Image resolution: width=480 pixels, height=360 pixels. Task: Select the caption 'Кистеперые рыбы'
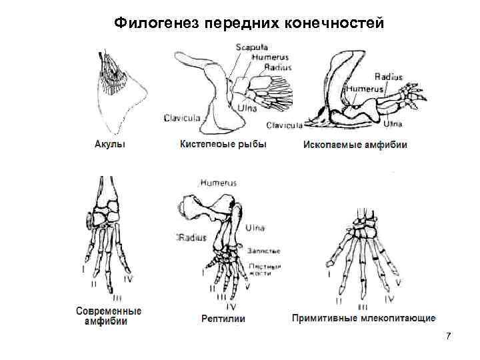tap(223, 144)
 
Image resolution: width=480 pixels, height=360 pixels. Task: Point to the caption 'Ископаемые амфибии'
tap(355, 144)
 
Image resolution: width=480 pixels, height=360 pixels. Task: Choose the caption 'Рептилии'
tap(223, 319)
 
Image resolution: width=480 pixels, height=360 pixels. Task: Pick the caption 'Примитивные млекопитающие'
tap(363, 319)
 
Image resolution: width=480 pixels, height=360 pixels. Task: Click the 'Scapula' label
tap(251, 47)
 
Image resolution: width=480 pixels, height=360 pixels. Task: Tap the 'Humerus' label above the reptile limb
tap(218, 182)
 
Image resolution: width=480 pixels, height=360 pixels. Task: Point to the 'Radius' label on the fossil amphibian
tap(389, 77)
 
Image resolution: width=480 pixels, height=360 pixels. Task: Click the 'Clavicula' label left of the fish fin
tap(182, 118)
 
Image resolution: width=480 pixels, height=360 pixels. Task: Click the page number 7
tap(449, 335)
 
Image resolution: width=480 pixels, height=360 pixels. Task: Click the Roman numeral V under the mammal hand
tap(399, 282)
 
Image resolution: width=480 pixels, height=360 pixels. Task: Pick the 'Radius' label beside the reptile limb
tap(191, 237)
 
